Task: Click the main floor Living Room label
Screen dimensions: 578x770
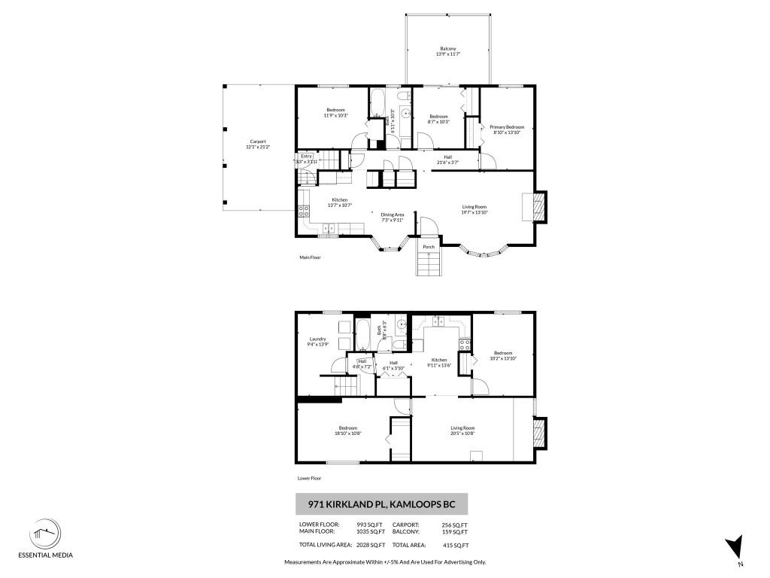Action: (474, 209)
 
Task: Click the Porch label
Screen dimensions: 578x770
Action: (429, 247)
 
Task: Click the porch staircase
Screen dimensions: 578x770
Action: (428, 264)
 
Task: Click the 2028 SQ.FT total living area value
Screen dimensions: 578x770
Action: (371, 545)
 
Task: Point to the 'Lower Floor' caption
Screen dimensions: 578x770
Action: (310, 478)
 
